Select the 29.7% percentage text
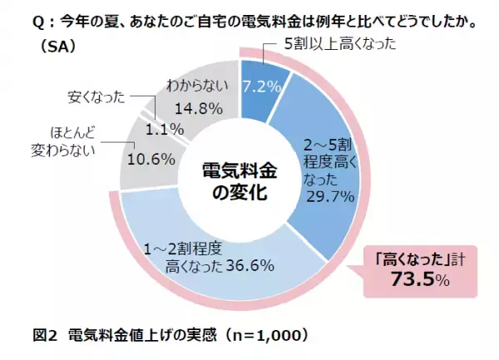(332, 196)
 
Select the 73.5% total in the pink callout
(420, 280)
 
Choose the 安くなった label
(96, 98)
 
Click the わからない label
(197, 85)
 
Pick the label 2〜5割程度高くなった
(329, 155)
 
